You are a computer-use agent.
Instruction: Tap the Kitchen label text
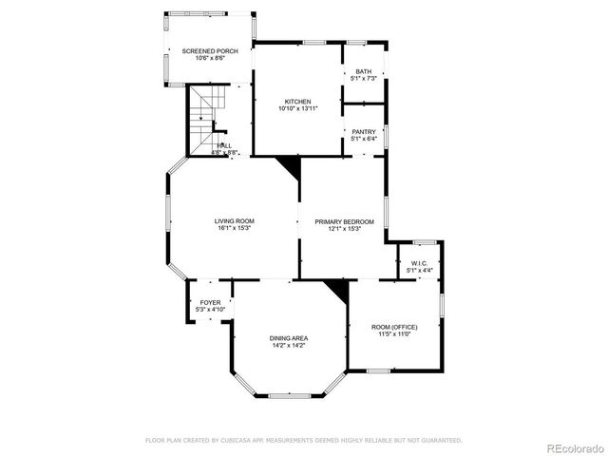[297, 102]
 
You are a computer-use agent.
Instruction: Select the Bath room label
[364, 71]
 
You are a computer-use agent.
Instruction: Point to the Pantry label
[364, 132]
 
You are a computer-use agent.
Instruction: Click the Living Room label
[233, 221]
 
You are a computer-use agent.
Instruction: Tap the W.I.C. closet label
[419, 263]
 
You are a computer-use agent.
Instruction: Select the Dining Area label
[288, 338]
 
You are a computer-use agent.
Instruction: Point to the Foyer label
[209, 303]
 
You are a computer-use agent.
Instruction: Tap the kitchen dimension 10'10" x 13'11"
[297, 109]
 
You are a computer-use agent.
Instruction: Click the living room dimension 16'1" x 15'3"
[233, 228]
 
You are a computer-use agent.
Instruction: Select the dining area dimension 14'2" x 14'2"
[288, 345]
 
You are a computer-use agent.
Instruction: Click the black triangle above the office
[338, 288]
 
